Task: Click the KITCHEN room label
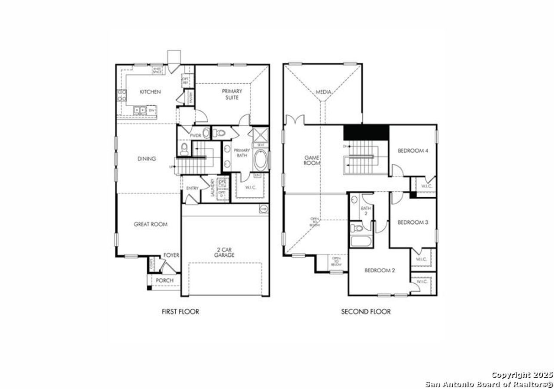(x=150, y=92)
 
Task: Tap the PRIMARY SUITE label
(x=232, y=94)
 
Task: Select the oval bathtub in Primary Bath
(x=261, y=160)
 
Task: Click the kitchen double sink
(x=140, y=111)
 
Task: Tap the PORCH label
(x=164, y=281)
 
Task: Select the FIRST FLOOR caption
(x=180, y=311)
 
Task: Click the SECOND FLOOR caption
(x=366, y=311)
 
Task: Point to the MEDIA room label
(x=323, y=92)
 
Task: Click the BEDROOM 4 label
(x=413, y=151)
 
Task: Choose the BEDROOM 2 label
(x=380, y=271)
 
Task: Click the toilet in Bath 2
(x=357, y=228)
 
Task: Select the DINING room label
(x=147, y=159)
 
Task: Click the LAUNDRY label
(x=213, y=188)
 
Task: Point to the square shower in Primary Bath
(x=261, y=134)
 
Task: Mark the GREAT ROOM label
(x=150, y=224)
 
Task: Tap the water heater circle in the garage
(x=263, y=209)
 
